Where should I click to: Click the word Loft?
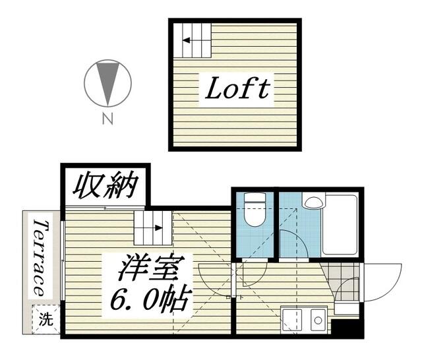(237, 90)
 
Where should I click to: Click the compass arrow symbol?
(107, 83)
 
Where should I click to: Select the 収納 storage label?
(105, 187)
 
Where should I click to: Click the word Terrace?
(40, 257)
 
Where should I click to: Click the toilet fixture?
(253, 210)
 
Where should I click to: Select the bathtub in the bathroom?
(340, 224)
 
